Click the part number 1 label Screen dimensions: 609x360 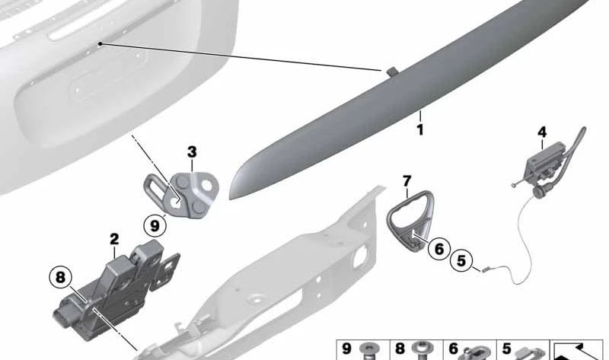tap(420, 129)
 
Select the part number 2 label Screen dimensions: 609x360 tap(114, 239)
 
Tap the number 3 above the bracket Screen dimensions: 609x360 tap(192, 152)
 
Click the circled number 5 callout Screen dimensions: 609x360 tap(461, 260)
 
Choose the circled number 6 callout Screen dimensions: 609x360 tap(439, 249)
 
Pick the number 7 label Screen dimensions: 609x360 tap(407, 181)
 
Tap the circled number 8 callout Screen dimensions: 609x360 tap(60, 277)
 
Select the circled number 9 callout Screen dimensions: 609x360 tap(155, 225)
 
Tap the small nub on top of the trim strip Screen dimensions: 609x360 tap(391, 71)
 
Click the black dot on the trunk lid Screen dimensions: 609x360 tap(100, 43)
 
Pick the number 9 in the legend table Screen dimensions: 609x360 tap(346, 349)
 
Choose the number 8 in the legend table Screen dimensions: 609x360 tap(400, 349)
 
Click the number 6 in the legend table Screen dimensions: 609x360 tap(453, 349)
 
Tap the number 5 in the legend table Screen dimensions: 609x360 tap(506, 349)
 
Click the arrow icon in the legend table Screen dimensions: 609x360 tap(578, 351)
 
